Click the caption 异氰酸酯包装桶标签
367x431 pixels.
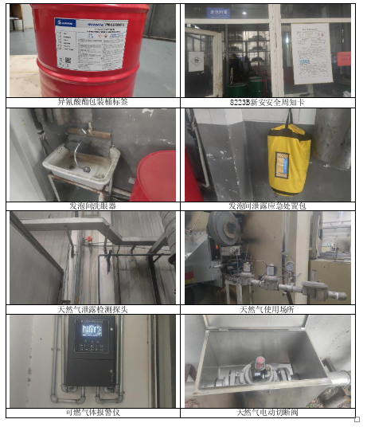pyautogui.click(x=93, y=102)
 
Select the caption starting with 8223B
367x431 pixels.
pyautogui.click(x=267, y=102)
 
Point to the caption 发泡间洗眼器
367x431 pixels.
pyautogui.click(x=93, y=205)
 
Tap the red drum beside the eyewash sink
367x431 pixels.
pyautogui.click(x=155, y=177)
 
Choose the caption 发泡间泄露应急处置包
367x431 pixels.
pyautogui.click(x=267, y=205)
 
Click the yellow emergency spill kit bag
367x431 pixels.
pyautogui.click(x=289, y=158)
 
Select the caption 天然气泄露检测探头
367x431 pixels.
pyautogui.click(x=93, y=308)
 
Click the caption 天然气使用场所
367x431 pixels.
pyautogui.click(x=267, y=308)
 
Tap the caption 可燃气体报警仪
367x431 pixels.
pyautogui.click(x=93, y=412)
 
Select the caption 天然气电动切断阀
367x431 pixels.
pyautogui.click(x=267, y=412)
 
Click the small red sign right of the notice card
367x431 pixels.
pyautogui.click(x=343, y=58)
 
